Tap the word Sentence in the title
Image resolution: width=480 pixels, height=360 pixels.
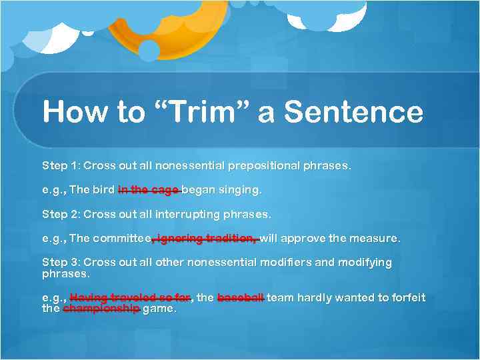[353, 112]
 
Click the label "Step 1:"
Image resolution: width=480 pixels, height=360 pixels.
[61, 165]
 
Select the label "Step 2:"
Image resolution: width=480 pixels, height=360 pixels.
[61, 214]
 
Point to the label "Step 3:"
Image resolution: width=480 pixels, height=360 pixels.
[61, 263]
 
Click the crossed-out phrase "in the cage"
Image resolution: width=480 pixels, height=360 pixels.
[149, 190]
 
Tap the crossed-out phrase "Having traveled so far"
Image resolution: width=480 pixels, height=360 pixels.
[130, 297]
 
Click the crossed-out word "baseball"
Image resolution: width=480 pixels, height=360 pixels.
[241, 297]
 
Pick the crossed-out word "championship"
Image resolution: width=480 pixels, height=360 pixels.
[101, 309]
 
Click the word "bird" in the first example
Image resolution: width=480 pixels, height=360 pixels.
[103, 190]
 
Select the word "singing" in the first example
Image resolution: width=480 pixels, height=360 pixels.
[240, 190]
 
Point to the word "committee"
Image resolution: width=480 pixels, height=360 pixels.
[121, 239]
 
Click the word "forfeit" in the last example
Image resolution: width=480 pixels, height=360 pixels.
[405, 297]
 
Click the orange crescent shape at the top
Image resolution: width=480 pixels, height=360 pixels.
[167, 37]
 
